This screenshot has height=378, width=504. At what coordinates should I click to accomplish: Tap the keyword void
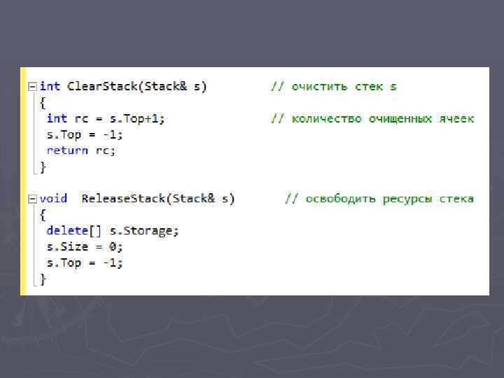point(53,199)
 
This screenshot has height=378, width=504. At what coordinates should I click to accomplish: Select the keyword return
point(67,150)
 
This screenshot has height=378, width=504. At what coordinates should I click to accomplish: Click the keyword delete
point(67,230)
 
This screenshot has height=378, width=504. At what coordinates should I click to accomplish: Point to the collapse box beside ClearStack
point(31,86)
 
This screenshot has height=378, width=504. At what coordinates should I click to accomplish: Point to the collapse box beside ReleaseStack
point(31,199)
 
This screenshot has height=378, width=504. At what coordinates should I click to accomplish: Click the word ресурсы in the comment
point(409,199)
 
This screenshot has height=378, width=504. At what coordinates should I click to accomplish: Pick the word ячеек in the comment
point(456,118)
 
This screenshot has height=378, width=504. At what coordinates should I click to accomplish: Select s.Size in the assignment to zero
point(67,246)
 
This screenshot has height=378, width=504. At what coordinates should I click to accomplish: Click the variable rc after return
point(106,150)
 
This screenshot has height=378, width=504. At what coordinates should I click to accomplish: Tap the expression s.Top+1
point(137,118)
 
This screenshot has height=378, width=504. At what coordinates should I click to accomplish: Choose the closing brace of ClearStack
point(43,167)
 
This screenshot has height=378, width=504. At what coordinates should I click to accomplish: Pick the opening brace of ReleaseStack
point(43,214)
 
